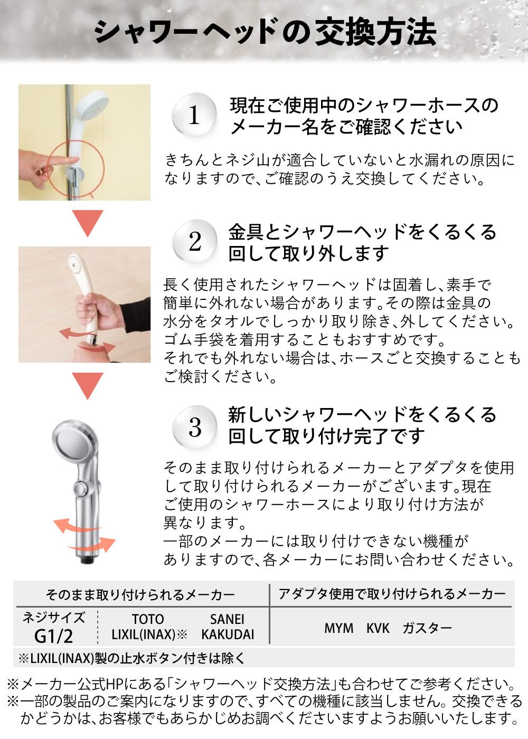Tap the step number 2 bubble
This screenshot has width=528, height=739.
click(x=194, y=242)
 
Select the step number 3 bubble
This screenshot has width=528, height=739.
click(x=194, y=427)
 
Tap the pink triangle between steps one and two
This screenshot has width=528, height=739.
click(x=88, y=223)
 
